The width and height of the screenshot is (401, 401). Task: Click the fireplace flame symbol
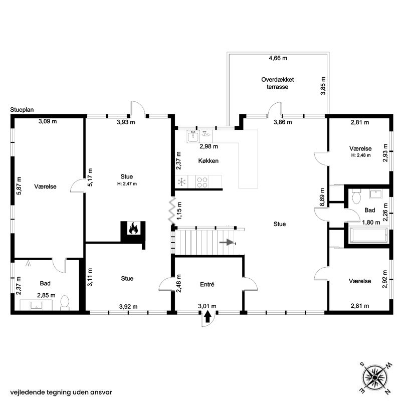click(x=133, y=228)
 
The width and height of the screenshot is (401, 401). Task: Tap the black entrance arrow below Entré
click(x=208, y=317)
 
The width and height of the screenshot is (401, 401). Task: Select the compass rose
click(x=374, y=377)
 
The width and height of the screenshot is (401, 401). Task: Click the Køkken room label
click(x=209, y=161)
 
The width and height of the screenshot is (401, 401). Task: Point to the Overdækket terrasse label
click(x=278, y=83)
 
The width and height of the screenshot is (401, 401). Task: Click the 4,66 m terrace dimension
click(x=278, y=58)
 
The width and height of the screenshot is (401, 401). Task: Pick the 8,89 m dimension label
click(x=322, y=197)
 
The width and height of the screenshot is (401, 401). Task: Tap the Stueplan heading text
click(x=22, y=110)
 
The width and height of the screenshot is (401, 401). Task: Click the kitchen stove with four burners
click(x=202, y=182)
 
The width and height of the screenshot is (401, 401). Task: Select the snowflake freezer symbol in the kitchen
click(x=182, y=182)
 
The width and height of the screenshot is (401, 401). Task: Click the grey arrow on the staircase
click(x=227, y=242)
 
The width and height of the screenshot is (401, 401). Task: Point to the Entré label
click(x=207, y=284)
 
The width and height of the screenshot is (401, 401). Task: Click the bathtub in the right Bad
click(x=368, y=235)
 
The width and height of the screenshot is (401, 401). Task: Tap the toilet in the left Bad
click(x=65, y=302)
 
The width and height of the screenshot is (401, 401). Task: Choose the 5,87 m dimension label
click(x=19, y=186)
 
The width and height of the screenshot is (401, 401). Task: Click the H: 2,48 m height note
click(x=361, y=155)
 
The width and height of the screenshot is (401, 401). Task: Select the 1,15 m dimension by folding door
click(x=179, y=211)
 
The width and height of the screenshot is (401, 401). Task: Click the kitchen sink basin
click(x=193, y=137)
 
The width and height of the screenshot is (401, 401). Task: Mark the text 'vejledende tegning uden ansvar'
click(x=61, y=392)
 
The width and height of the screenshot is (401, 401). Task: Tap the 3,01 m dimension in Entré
click(x=207, y=306)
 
